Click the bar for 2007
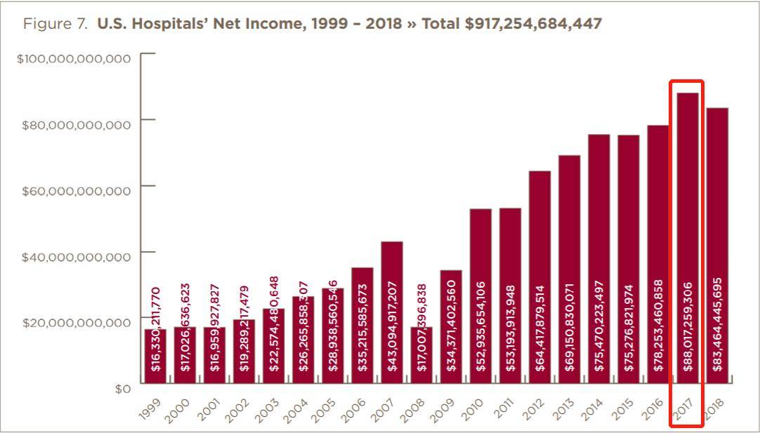click(x=392, y=312)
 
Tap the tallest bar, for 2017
click(x=688, y=239)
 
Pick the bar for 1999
click(x=156, y=356)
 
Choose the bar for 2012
click(x=539, y=277)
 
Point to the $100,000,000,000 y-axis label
click(x=74, y=58)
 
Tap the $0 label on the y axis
click(x=122, y=388)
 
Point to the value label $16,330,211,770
click(x=156, y=328)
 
